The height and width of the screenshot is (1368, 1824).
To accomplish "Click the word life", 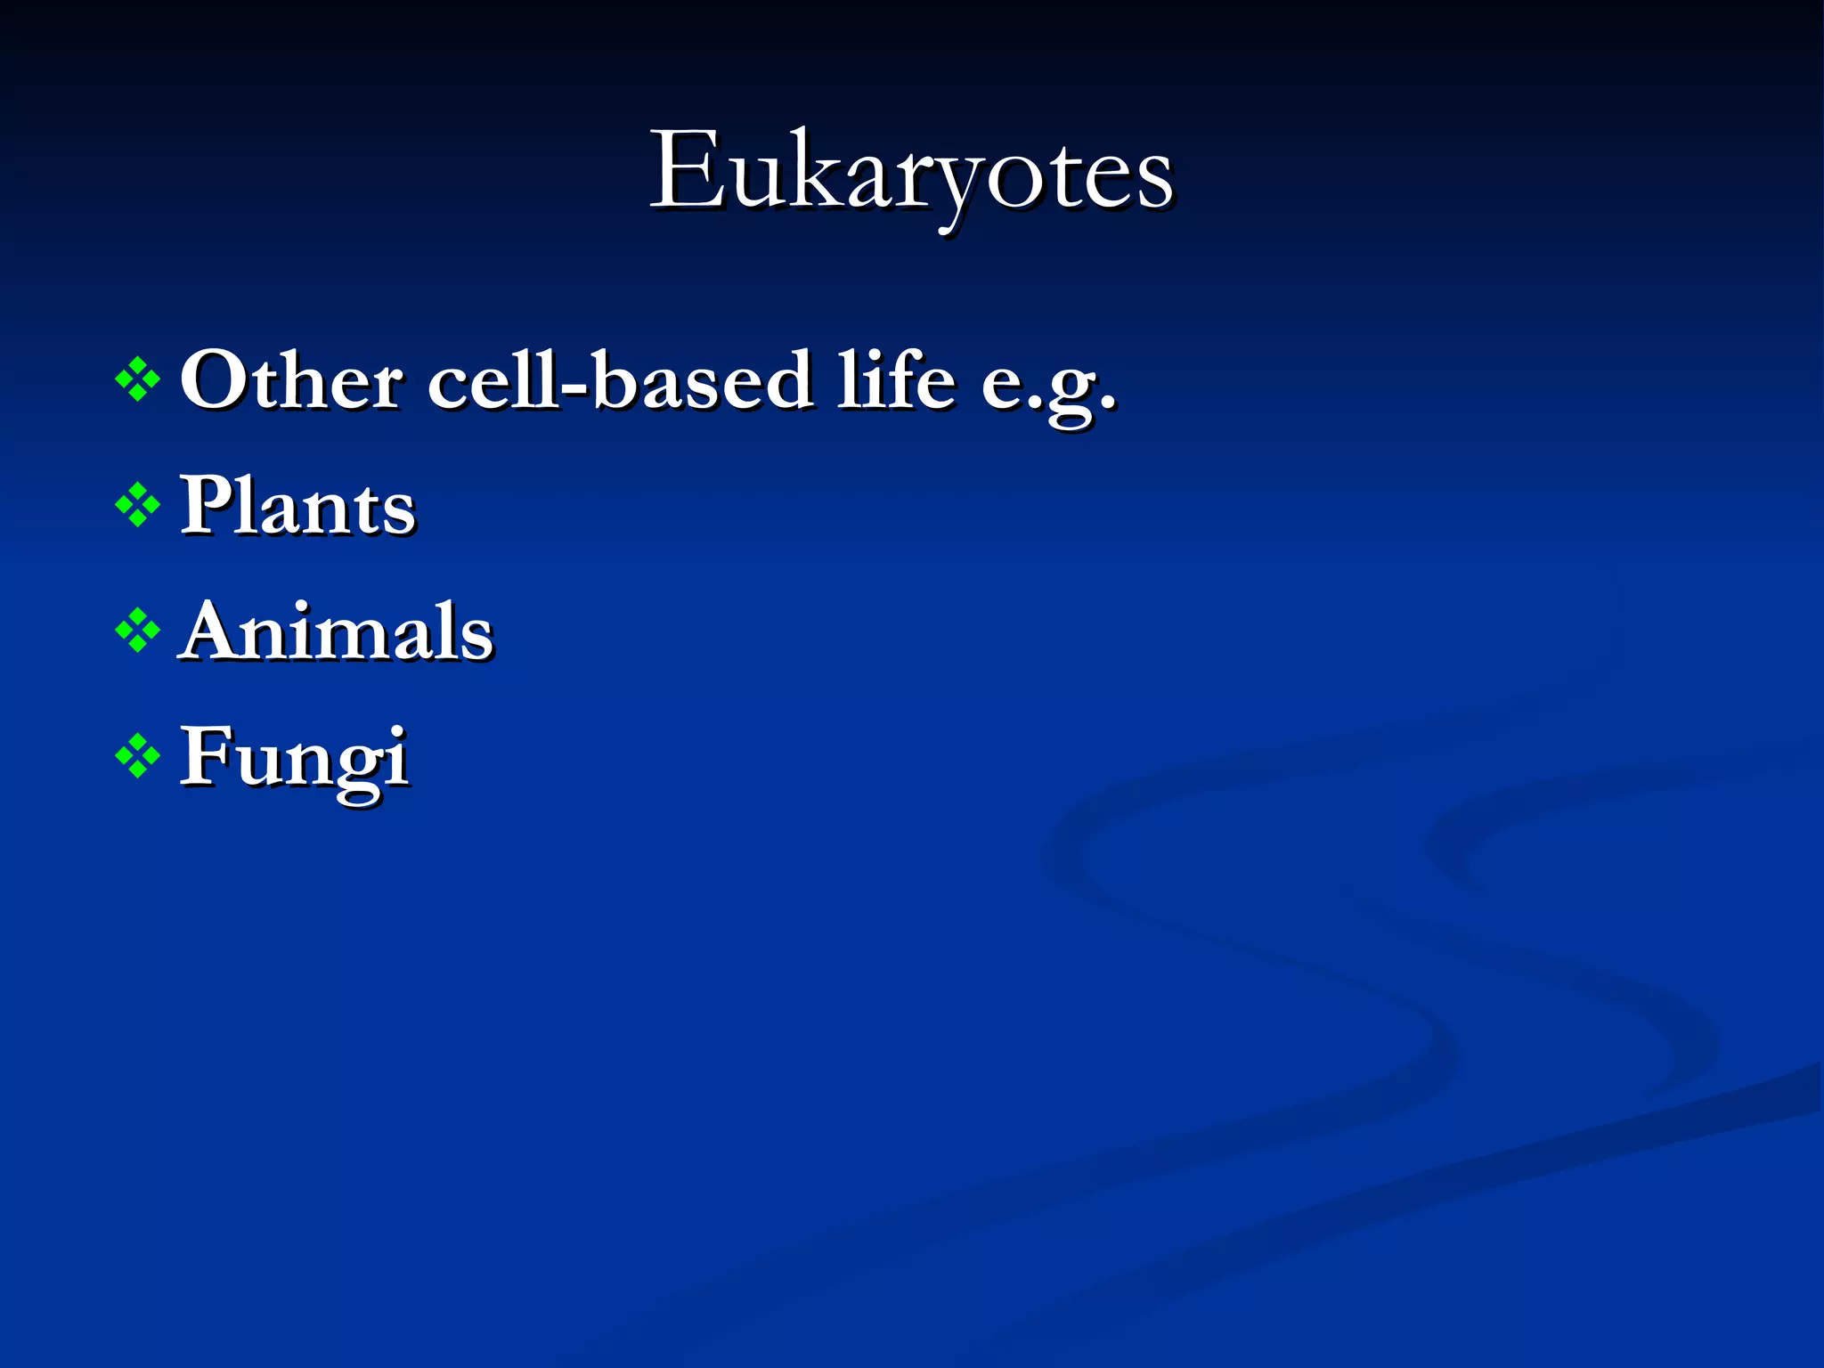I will coord(896,380).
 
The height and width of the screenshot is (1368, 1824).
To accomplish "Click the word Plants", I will coord(297,506).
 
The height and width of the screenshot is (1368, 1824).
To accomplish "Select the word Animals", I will coord(337,631).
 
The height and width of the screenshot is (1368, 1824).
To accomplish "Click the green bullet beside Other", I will coord(138,380).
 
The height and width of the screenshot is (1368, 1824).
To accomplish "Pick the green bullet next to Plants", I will coord(138,505).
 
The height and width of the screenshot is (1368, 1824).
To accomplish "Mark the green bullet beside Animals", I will coord(138,631).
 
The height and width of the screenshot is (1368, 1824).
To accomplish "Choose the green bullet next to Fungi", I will coord(138,757).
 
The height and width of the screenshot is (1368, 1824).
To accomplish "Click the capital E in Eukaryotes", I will coord(687,171).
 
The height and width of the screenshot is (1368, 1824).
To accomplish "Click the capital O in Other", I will coord(214,381).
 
